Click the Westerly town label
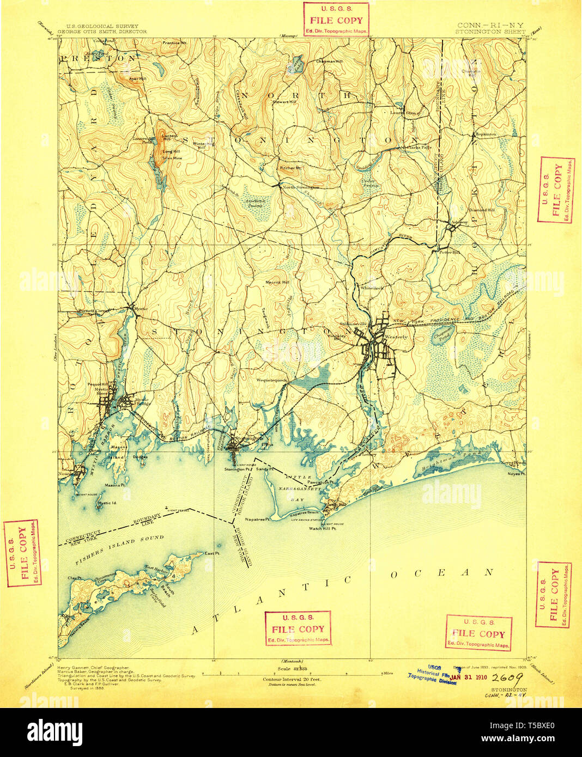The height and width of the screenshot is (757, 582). tap(396, 337)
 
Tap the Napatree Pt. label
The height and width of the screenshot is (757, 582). tap(258, 520)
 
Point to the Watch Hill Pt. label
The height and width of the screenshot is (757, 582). tap(322, 528)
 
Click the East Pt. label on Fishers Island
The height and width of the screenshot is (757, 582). tap(212, 553)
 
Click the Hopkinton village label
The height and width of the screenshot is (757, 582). tap(485, 134)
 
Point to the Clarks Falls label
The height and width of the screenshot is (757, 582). tap(416, 147)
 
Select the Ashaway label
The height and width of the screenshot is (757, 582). tap(459, 222)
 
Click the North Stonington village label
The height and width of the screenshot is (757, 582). tap(300, 187)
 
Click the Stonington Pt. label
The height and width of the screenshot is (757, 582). tap(237, 469)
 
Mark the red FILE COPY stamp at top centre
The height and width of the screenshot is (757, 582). tap(336, 20)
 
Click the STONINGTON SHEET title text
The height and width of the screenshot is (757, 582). tap(490, 32)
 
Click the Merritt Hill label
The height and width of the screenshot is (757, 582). tap(277, 282)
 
